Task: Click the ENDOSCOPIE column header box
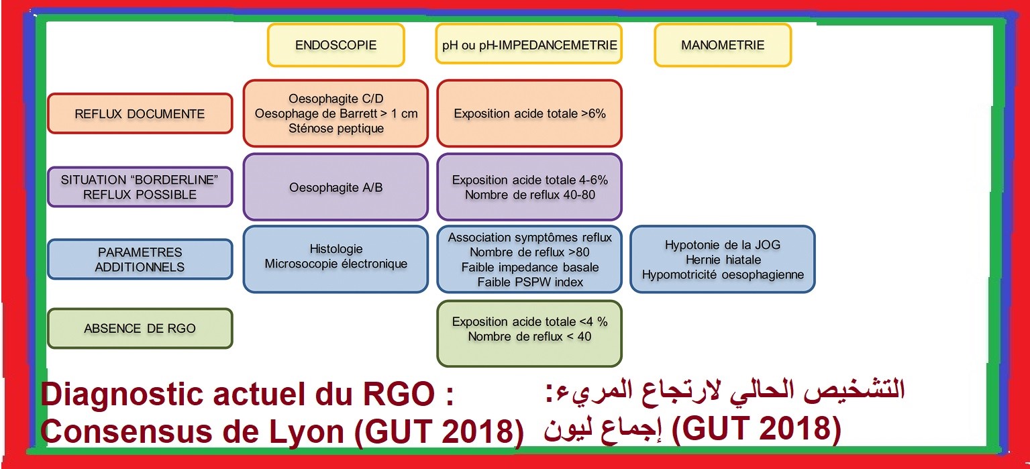pyautogui.click(x=336, y=45)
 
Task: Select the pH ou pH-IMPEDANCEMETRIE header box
pyautogui.click(x=529, y=44)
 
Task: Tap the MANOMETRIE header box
pyautogui.click(x=723, y=45)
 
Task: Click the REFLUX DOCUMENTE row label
pyautogui.click(x=140, y=113)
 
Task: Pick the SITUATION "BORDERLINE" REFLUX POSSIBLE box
pyautogui.click(x=140, y=187)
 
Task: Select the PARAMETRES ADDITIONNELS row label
pyautogui.click(x=140, y=260)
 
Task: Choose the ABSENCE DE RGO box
pyautogui.click(x=140, y=328)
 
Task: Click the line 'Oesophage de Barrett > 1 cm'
pyautogui.click(x=336, y=113)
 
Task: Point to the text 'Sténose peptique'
pyautogui.click(x=336, y=128)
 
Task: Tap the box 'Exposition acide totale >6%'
pyautogui.click(x=529, y=113)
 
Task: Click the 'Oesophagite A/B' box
pyautogui.click(x=336, y=187)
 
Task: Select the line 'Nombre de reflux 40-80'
pyautogui.click(x=529, y=195)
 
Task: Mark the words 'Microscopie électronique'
pyautogui.click(x=336, y=264)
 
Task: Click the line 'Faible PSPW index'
pyautogui.click(x=529, y=282)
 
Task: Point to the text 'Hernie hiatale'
pyautogui.click(x=723, y=260)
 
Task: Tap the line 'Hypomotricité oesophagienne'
pyautogui.click(x=723, y=275)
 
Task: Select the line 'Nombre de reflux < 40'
pyautogui.click(x=529, y=337)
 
